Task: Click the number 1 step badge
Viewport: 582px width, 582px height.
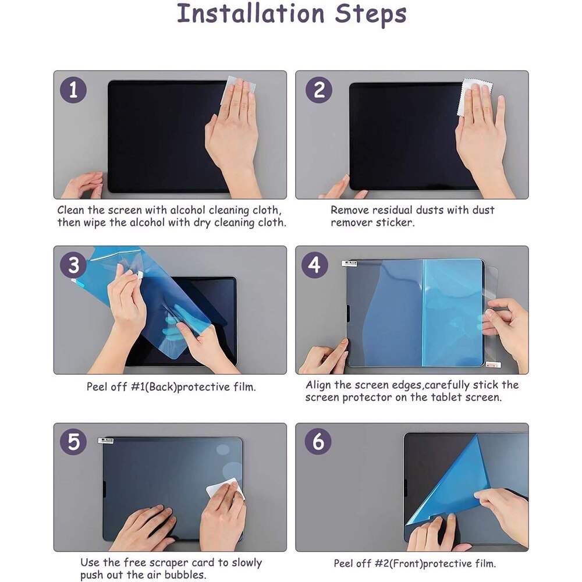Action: pyautogui.click(x=73, y=90)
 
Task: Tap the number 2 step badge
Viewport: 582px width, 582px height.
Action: pyautogui.click(x=318, y=90)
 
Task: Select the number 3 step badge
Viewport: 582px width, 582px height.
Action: pyautogui.click(x=73, y=265)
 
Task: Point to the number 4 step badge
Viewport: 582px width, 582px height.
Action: pyautogui.click(x=314, y=265)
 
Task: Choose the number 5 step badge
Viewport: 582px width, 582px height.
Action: pyautogui.click(x=73, y=442)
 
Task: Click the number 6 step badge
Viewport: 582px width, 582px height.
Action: pyautogui.click(x=318, y=442)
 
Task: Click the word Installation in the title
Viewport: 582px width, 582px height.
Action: pyautogui.click(x=250, y=14)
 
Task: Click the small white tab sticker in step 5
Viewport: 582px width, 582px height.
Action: pyautogui.click(x=105, y=441)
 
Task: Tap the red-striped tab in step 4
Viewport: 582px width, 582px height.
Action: pyautogui.click(x=493, y=365)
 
